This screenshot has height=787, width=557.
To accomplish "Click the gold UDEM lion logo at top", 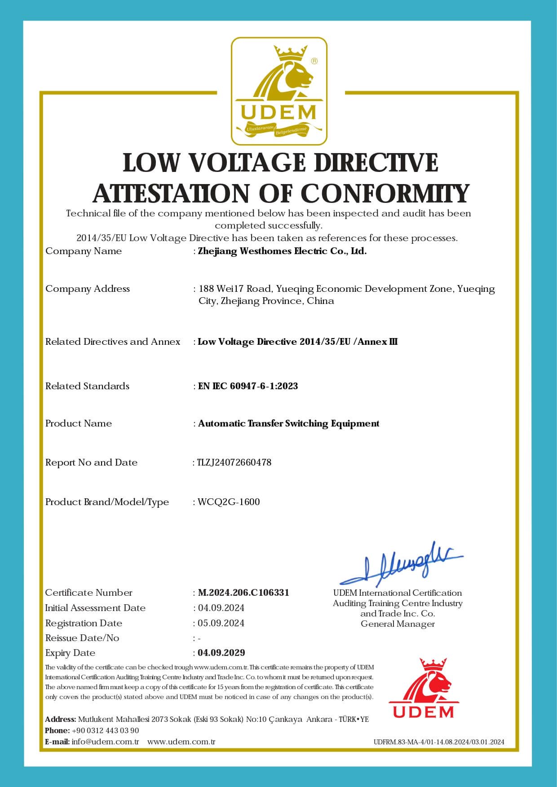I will pyautogui.click(x=279, y=91).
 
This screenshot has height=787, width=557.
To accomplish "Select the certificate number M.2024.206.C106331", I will pyautogui.click(x=243, y=593).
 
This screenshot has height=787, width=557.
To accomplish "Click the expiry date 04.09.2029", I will pyautogui.click(x=221, y=653).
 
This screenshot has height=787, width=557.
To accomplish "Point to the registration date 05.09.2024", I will pyautogui.click(x=221, y=623).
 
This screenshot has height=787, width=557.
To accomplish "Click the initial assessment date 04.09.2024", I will pyautogui.click(x=221, y=608).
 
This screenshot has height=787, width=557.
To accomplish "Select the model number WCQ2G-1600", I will pyautogui.click(x=229, y=502).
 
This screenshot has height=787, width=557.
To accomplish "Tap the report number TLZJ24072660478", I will pyautogui.click(x=234, y=462).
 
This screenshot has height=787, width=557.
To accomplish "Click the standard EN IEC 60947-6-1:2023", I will pyautogui.click(x=248, y=386).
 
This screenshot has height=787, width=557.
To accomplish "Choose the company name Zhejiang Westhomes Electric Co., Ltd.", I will pyautogui.click(x=282, y=251).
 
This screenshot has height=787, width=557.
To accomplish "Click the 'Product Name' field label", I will pyautogui.click(x=79, y=423).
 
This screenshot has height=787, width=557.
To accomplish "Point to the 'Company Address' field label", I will pyautogui.click(x=88, y=289).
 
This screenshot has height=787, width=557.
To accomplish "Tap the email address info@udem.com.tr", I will pyautogui.click(x=105, y=742).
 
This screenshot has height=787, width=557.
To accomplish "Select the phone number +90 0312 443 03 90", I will pyautogui.click(x=105, y=730).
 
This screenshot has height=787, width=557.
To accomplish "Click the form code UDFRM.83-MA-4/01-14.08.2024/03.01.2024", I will pyautogui.click(x=439, y=742).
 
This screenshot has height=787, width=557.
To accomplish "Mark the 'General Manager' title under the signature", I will pyautogui.click(x=398, y=624).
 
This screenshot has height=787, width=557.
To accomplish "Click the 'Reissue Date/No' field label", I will pyautogui.click(x=82, y=638).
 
